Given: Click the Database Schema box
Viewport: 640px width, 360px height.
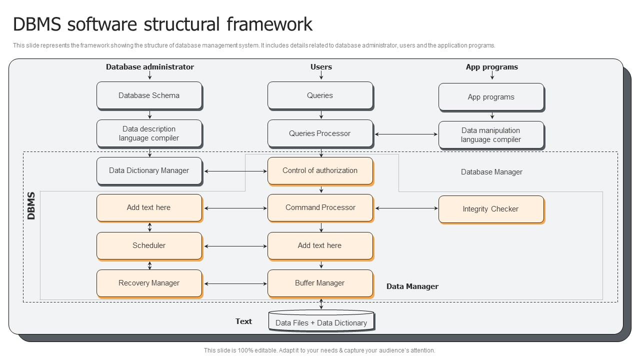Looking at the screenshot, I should tap(149, 95).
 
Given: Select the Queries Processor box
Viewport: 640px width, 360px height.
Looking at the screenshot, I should tap(320, 133).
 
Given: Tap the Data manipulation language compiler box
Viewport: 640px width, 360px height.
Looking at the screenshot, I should tap(490, 135).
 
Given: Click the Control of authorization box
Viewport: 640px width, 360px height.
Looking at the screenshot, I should tap(320, 171).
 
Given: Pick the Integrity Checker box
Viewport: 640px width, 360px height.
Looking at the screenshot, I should tap(490, 209).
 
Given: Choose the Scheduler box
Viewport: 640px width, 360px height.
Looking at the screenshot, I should tap(149, 245).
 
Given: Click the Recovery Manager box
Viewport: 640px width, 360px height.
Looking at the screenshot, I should tap(149, 283).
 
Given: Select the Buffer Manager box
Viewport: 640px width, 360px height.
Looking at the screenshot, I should tap(320, 283).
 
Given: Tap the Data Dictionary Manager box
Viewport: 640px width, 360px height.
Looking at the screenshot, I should tap(149, 171).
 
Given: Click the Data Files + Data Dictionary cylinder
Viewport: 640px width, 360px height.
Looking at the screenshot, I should tap(321, 322).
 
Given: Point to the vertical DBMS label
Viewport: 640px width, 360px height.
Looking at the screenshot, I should tap(31, 205).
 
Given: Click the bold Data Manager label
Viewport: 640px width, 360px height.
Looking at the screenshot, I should tap(412, 286).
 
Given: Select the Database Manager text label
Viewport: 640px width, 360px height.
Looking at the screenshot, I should tap(491, 172).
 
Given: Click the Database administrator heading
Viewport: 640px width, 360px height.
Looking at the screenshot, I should tap(149, 67).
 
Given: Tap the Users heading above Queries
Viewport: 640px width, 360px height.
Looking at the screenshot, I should tap(321, 67).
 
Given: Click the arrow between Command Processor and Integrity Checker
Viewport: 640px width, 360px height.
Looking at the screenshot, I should tap(405, 208).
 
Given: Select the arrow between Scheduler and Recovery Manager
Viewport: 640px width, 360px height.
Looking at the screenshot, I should tap(149, 265).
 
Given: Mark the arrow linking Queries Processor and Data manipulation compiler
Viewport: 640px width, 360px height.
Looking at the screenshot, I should tap(405, 134).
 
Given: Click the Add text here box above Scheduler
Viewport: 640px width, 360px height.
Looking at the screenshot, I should tap(149, 207).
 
